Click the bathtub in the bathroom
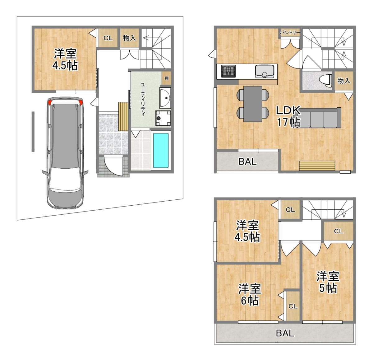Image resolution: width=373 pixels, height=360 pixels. coord(161,150)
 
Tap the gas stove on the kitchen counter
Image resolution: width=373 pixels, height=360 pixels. coord(228,71)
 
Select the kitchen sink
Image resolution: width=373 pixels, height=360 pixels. coord(265,71)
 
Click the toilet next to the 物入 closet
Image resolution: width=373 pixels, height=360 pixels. coord(326,79)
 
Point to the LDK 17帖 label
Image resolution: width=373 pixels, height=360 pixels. coord(288,116)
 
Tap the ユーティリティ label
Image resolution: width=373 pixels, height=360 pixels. coord(143,99)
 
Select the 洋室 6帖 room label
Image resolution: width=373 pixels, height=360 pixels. coord(249,295)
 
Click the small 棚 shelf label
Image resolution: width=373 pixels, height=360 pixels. coord(166,78)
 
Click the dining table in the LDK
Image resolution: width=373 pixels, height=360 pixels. coord(253,104)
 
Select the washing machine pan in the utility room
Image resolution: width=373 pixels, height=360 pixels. coord(163,119)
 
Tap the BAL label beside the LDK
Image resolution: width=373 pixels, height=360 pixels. coord(247,162)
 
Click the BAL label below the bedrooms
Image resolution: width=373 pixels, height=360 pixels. coord(285,333)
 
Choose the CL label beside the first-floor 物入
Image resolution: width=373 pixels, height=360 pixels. coord(108,38)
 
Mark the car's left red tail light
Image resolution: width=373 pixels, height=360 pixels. coord(49,102)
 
